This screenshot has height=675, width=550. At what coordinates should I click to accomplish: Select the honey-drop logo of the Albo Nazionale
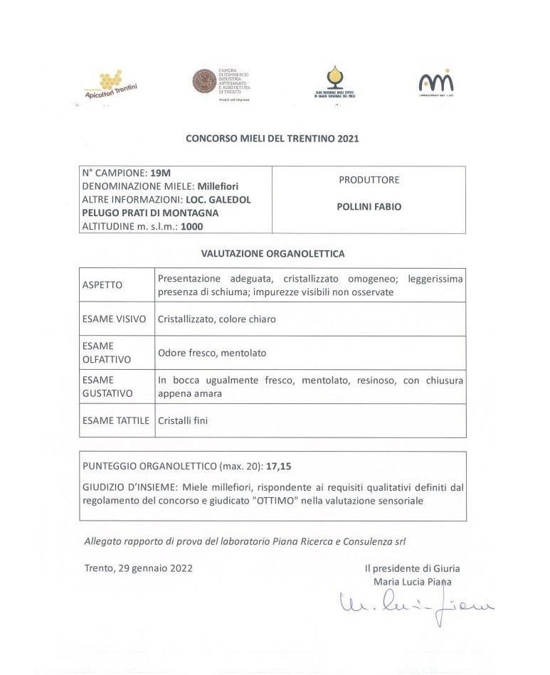pos(334,76)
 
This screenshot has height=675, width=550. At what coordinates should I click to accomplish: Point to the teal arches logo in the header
pos(435,81)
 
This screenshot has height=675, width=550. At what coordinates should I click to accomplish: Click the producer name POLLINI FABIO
pos(369,207)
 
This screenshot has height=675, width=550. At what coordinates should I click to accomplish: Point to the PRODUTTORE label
pos(369,180)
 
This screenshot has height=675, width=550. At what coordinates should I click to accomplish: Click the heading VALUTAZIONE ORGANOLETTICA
pos(273,253)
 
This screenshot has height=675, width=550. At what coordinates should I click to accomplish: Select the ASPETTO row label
pos(102,285)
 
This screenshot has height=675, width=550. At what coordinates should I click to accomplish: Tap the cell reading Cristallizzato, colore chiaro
pos(216,319)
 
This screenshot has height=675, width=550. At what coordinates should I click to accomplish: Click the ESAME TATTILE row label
pos(115,421)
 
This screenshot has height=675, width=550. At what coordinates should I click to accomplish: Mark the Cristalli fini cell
pos(183,421)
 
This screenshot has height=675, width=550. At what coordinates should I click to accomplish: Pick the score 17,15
pos(280,467)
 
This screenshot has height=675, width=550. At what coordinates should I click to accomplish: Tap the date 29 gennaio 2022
pos(154,569)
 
